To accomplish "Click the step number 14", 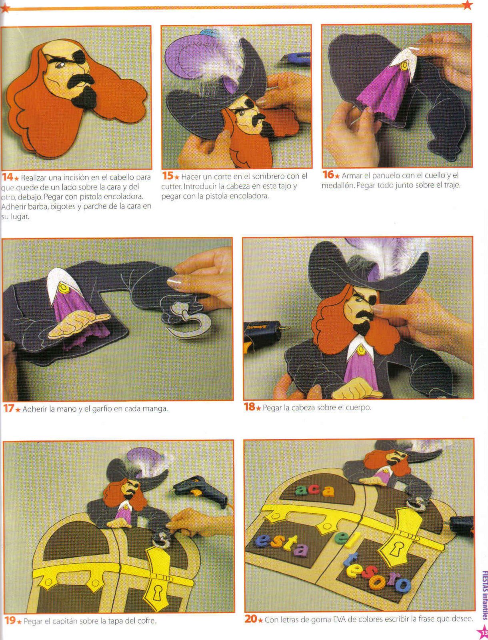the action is coord(8,177).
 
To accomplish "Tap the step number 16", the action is coord(328,175).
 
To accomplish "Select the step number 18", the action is coord(250,407).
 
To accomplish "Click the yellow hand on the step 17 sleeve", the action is coord(79,323).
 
